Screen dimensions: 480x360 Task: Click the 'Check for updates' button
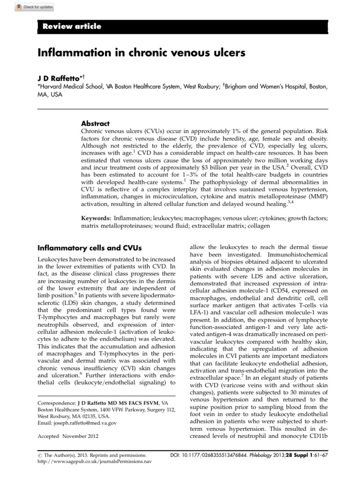click(x=34, y=7)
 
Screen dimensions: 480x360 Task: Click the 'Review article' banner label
click(x=72, y=26)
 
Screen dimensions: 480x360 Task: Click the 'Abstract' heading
click(x=96, y=123)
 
